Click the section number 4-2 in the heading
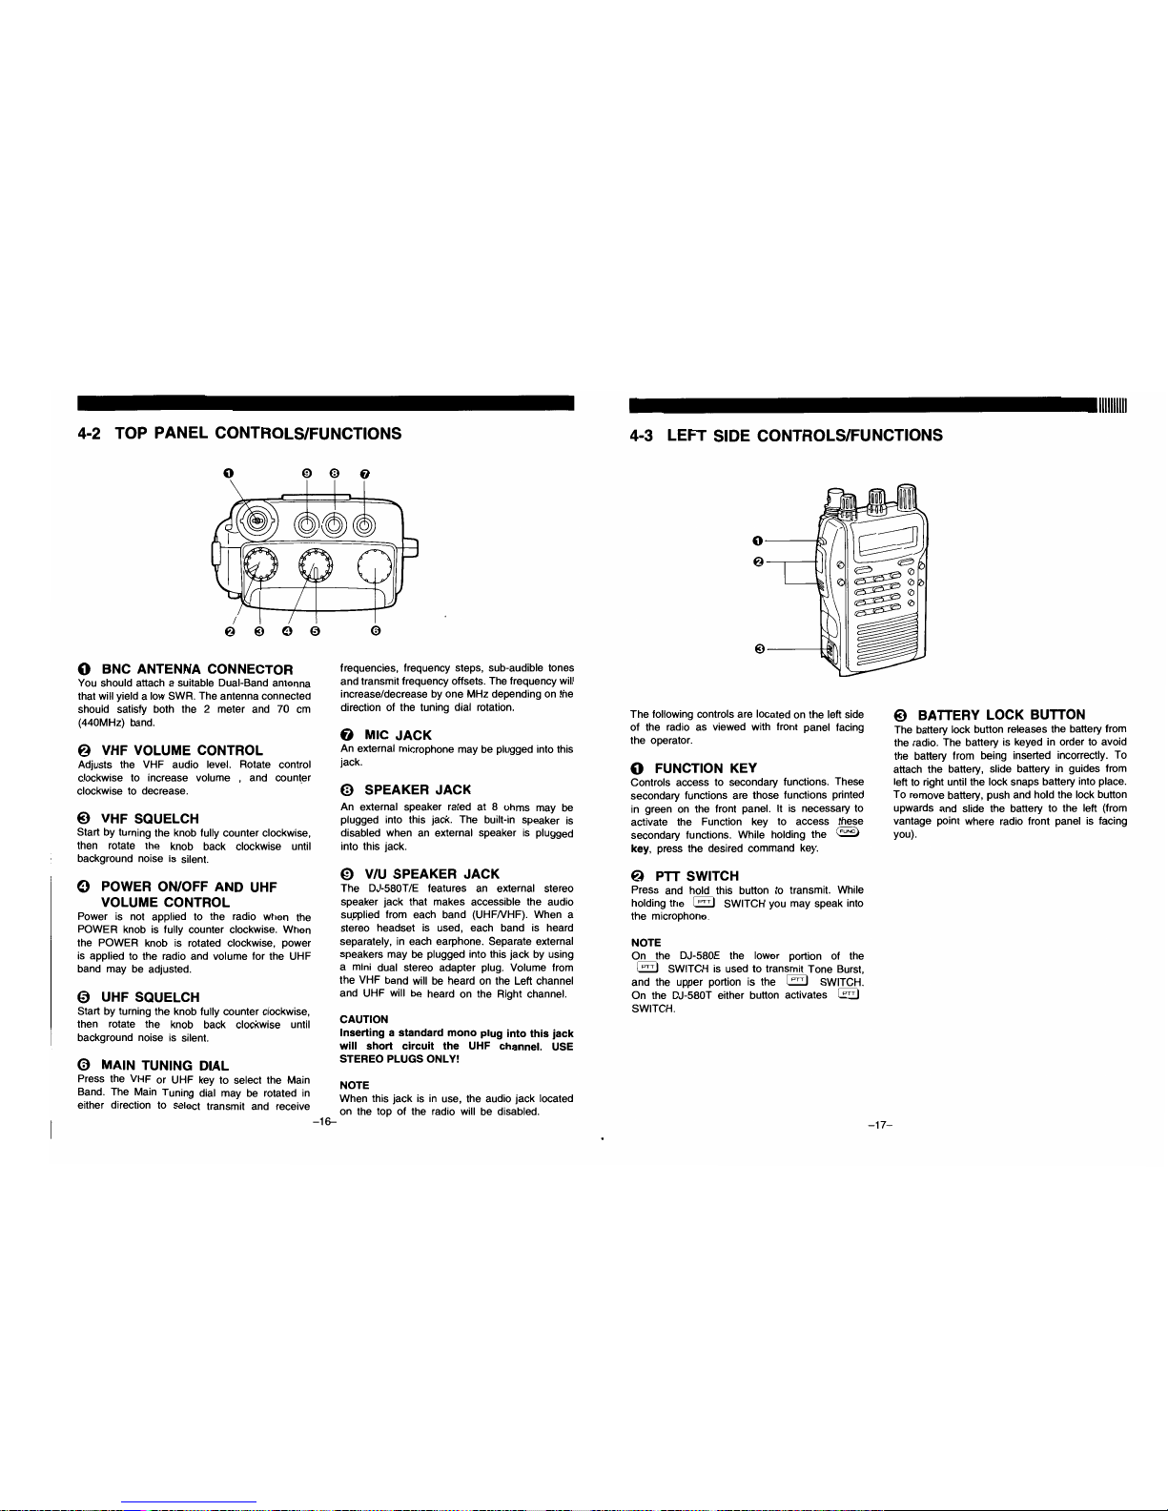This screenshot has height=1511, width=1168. click(89, 433)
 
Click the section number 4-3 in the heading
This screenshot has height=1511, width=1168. click(641, 436)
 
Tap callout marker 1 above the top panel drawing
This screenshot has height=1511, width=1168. click(228, 474)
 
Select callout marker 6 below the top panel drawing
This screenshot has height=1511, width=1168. click(376, 631)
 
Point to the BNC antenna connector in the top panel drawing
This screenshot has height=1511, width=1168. click(256, 521)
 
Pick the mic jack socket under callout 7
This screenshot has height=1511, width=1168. click(364, 525)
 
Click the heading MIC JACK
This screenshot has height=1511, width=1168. click(398, 735)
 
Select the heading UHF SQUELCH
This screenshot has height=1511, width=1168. click(151, 997)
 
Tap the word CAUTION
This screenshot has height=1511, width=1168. click(363, 1019)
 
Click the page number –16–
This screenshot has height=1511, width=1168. click(324, 1122)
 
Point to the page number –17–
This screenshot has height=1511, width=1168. click(879, 1125)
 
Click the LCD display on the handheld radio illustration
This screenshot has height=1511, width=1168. click(889, 541)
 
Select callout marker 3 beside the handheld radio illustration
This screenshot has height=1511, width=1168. click(759, 649)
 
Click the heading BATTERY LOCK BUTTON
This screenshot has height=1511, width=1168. click(1001, 715)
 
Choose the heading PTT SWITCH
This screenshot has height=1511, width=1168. click(697, 876)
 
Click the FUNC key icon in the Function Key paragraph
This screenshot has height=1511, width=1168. click(847, 832)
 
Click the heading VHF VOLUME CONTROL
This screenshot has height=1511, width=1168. click(182, 750)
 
